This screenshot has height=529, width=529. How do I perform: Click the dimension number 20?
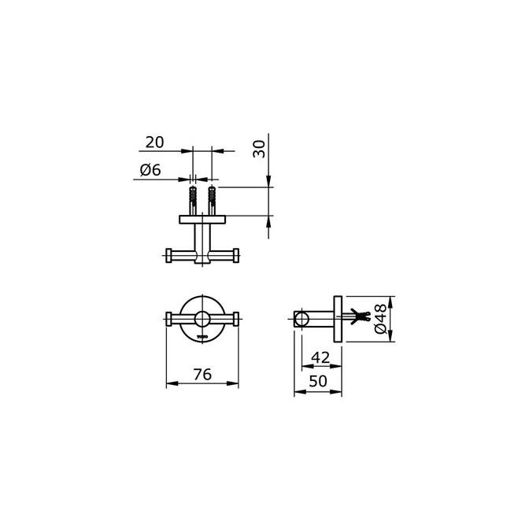pyautogui.click(x=154, y=142)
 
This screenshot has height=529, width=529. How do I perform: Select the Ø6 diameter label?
pyautogui.click(x=150, y=170)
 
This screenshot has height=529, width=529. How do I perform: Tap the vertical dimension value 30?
pyautogui.click(x=259, y=148)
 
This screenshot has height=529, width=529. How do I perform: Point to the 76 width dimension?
pyautogui.click(x=202, y=375)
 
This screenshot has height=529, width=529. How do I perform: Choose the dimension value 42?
pyautogui.click(x=320, y=357)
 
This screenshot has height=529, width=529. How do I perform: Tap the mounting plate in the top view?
pyautogui.click(x=202, y=218)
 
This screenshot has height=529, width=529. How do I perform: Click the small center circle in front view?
pyautogui.click(x=202, y=319)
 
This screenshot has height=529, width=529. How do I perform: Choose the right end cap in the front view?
pyautogui.click(x=236, y=319)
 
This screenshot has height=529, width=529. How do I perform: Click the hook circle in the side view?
pyautogui.click(x=301, y=319)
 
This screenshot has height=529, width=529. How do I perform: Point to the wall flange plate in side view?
pyautogui.click(x=338, y=319)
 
